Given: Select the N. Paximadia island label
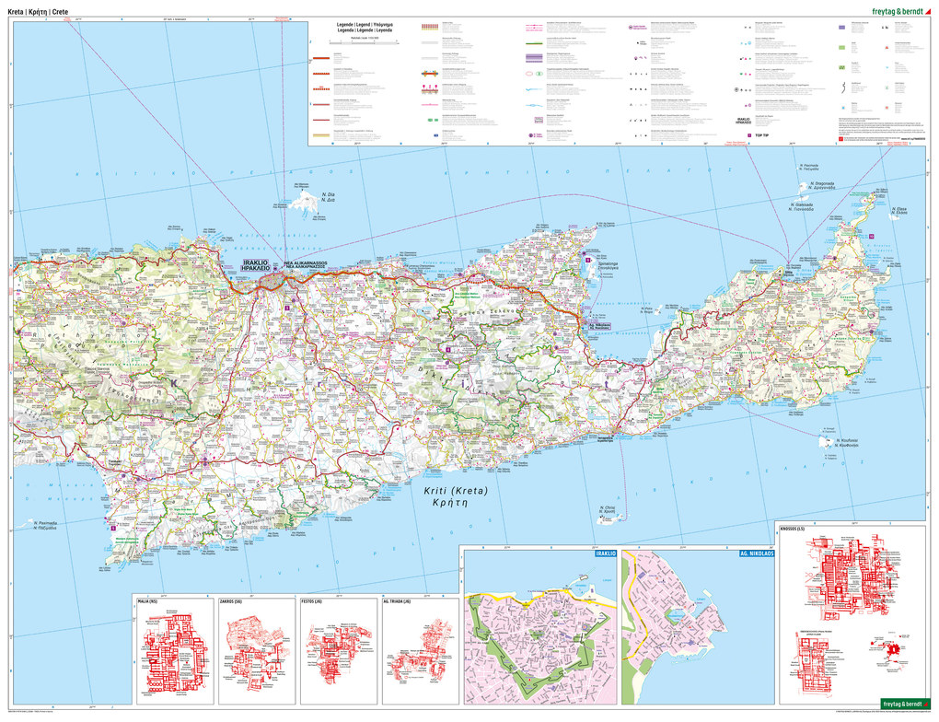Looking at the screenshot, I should click(x=45, y=525).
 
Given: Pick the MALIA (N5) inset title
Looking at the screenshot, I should click(x=148, y=601).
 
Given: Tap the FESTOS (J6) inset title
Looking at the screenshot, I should click(x=314, y=601).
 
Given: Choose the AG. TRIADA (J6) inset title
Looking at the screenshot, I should click(x=399, y=601).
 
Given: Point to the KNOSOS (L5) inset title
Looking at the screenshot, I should click(x=793, y=528).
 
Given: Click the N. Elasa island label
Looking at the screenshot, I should click(x=899, y=211).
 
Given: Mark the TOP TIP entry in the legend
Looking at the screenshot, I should click(x=760, y=135).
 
